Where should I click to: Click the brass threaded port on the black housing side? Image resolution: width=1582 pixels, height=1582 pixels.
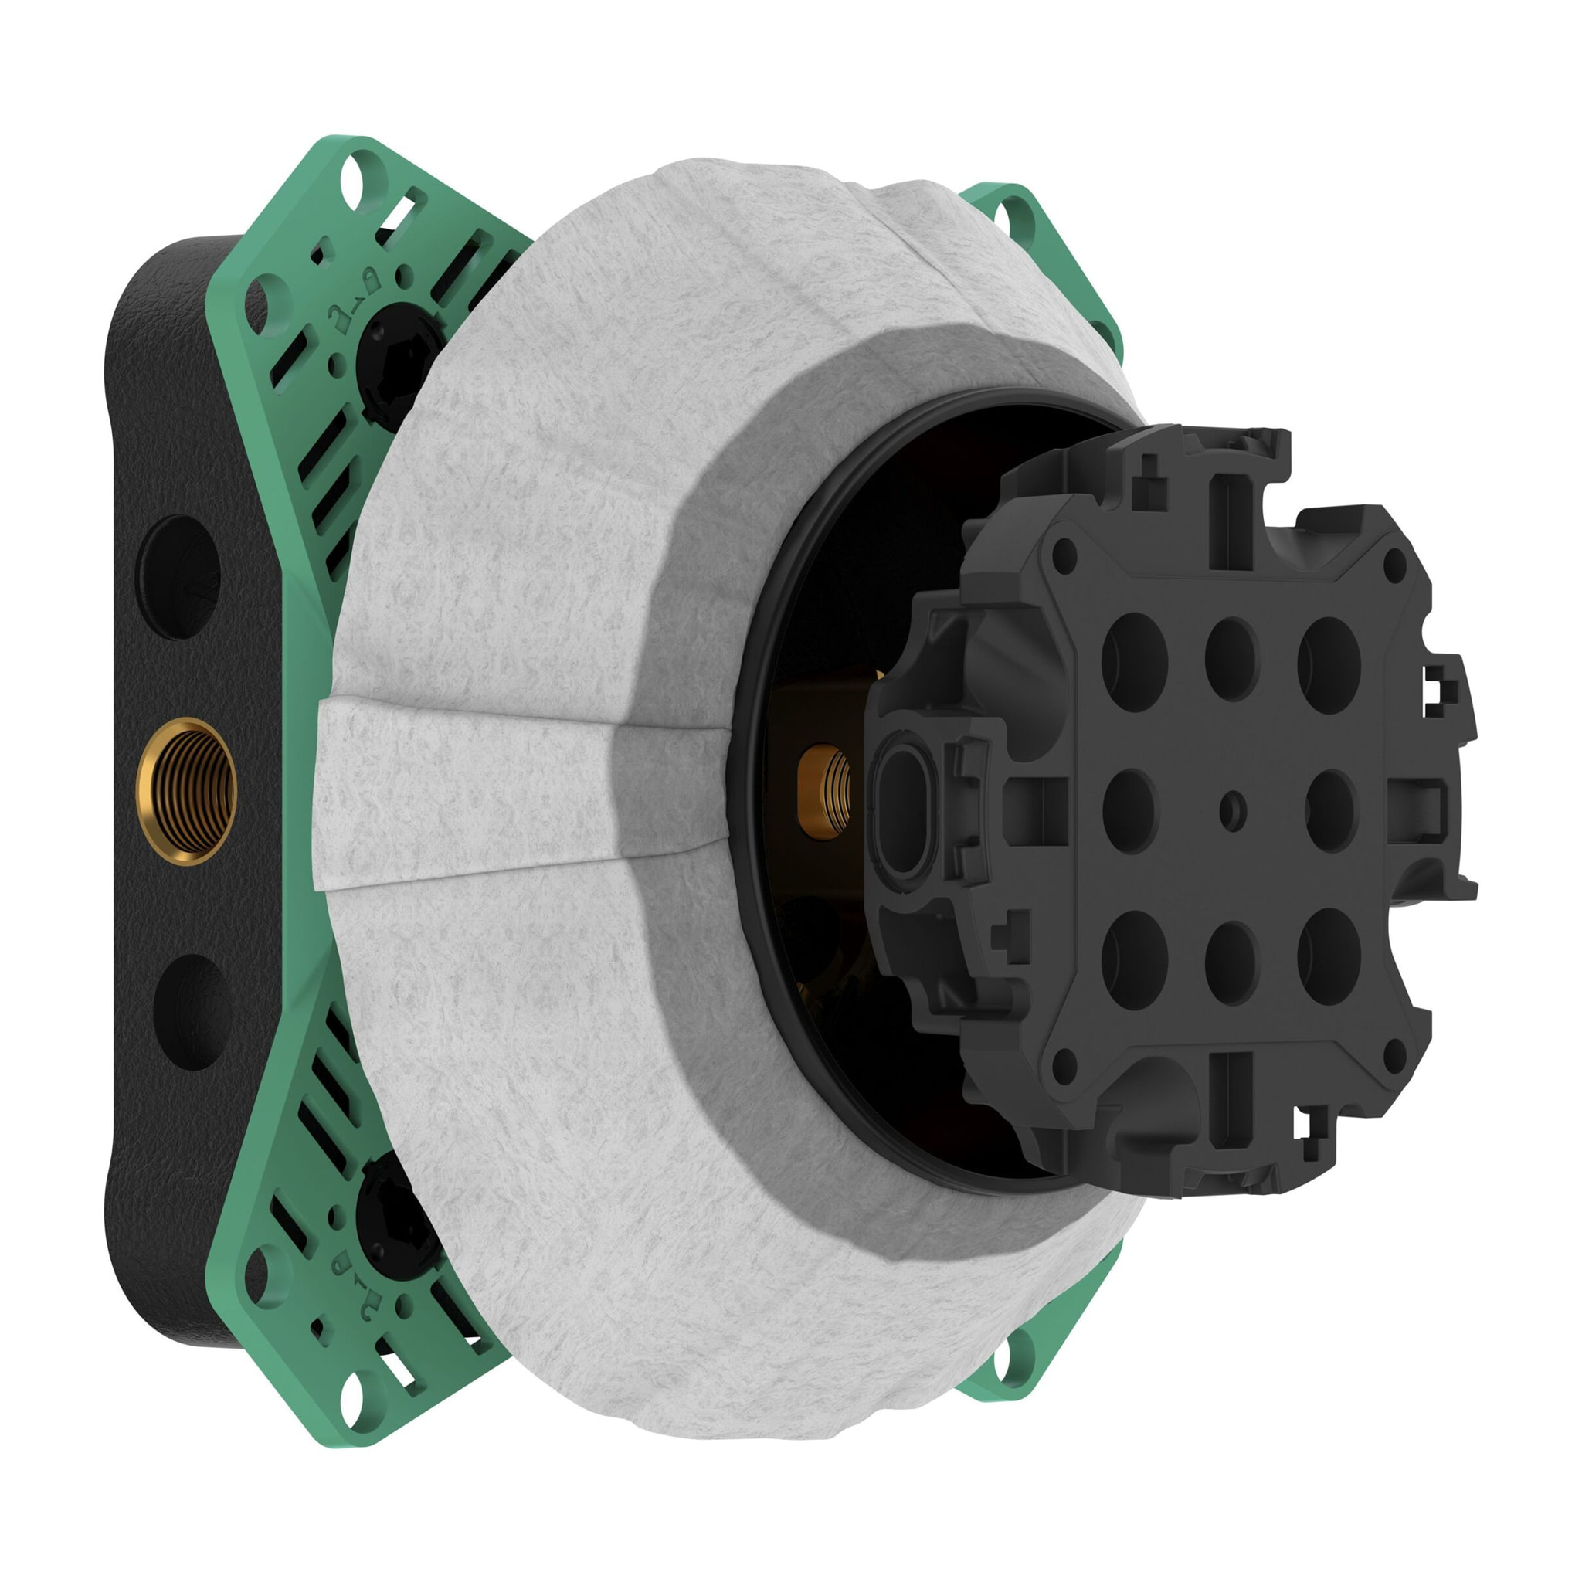(x=187, y=791)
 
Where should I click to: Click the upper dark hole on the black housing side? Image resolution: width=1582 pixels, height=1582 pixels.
(x=178, y=576)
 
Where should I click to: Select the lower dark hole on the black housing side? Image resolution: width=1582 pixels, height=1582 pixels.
(x=193, y=1012)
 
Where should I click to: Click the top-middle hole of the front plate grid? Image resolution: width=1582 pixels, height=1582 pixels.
(x=1231, y=658)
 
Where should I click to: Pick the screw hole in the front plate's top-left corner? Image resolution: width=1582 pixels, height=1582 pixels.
(x=1064, y=557)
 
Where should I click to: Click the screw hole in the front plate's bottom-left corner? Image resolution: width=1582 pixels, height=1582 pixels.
(x=1064, y=1065)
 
